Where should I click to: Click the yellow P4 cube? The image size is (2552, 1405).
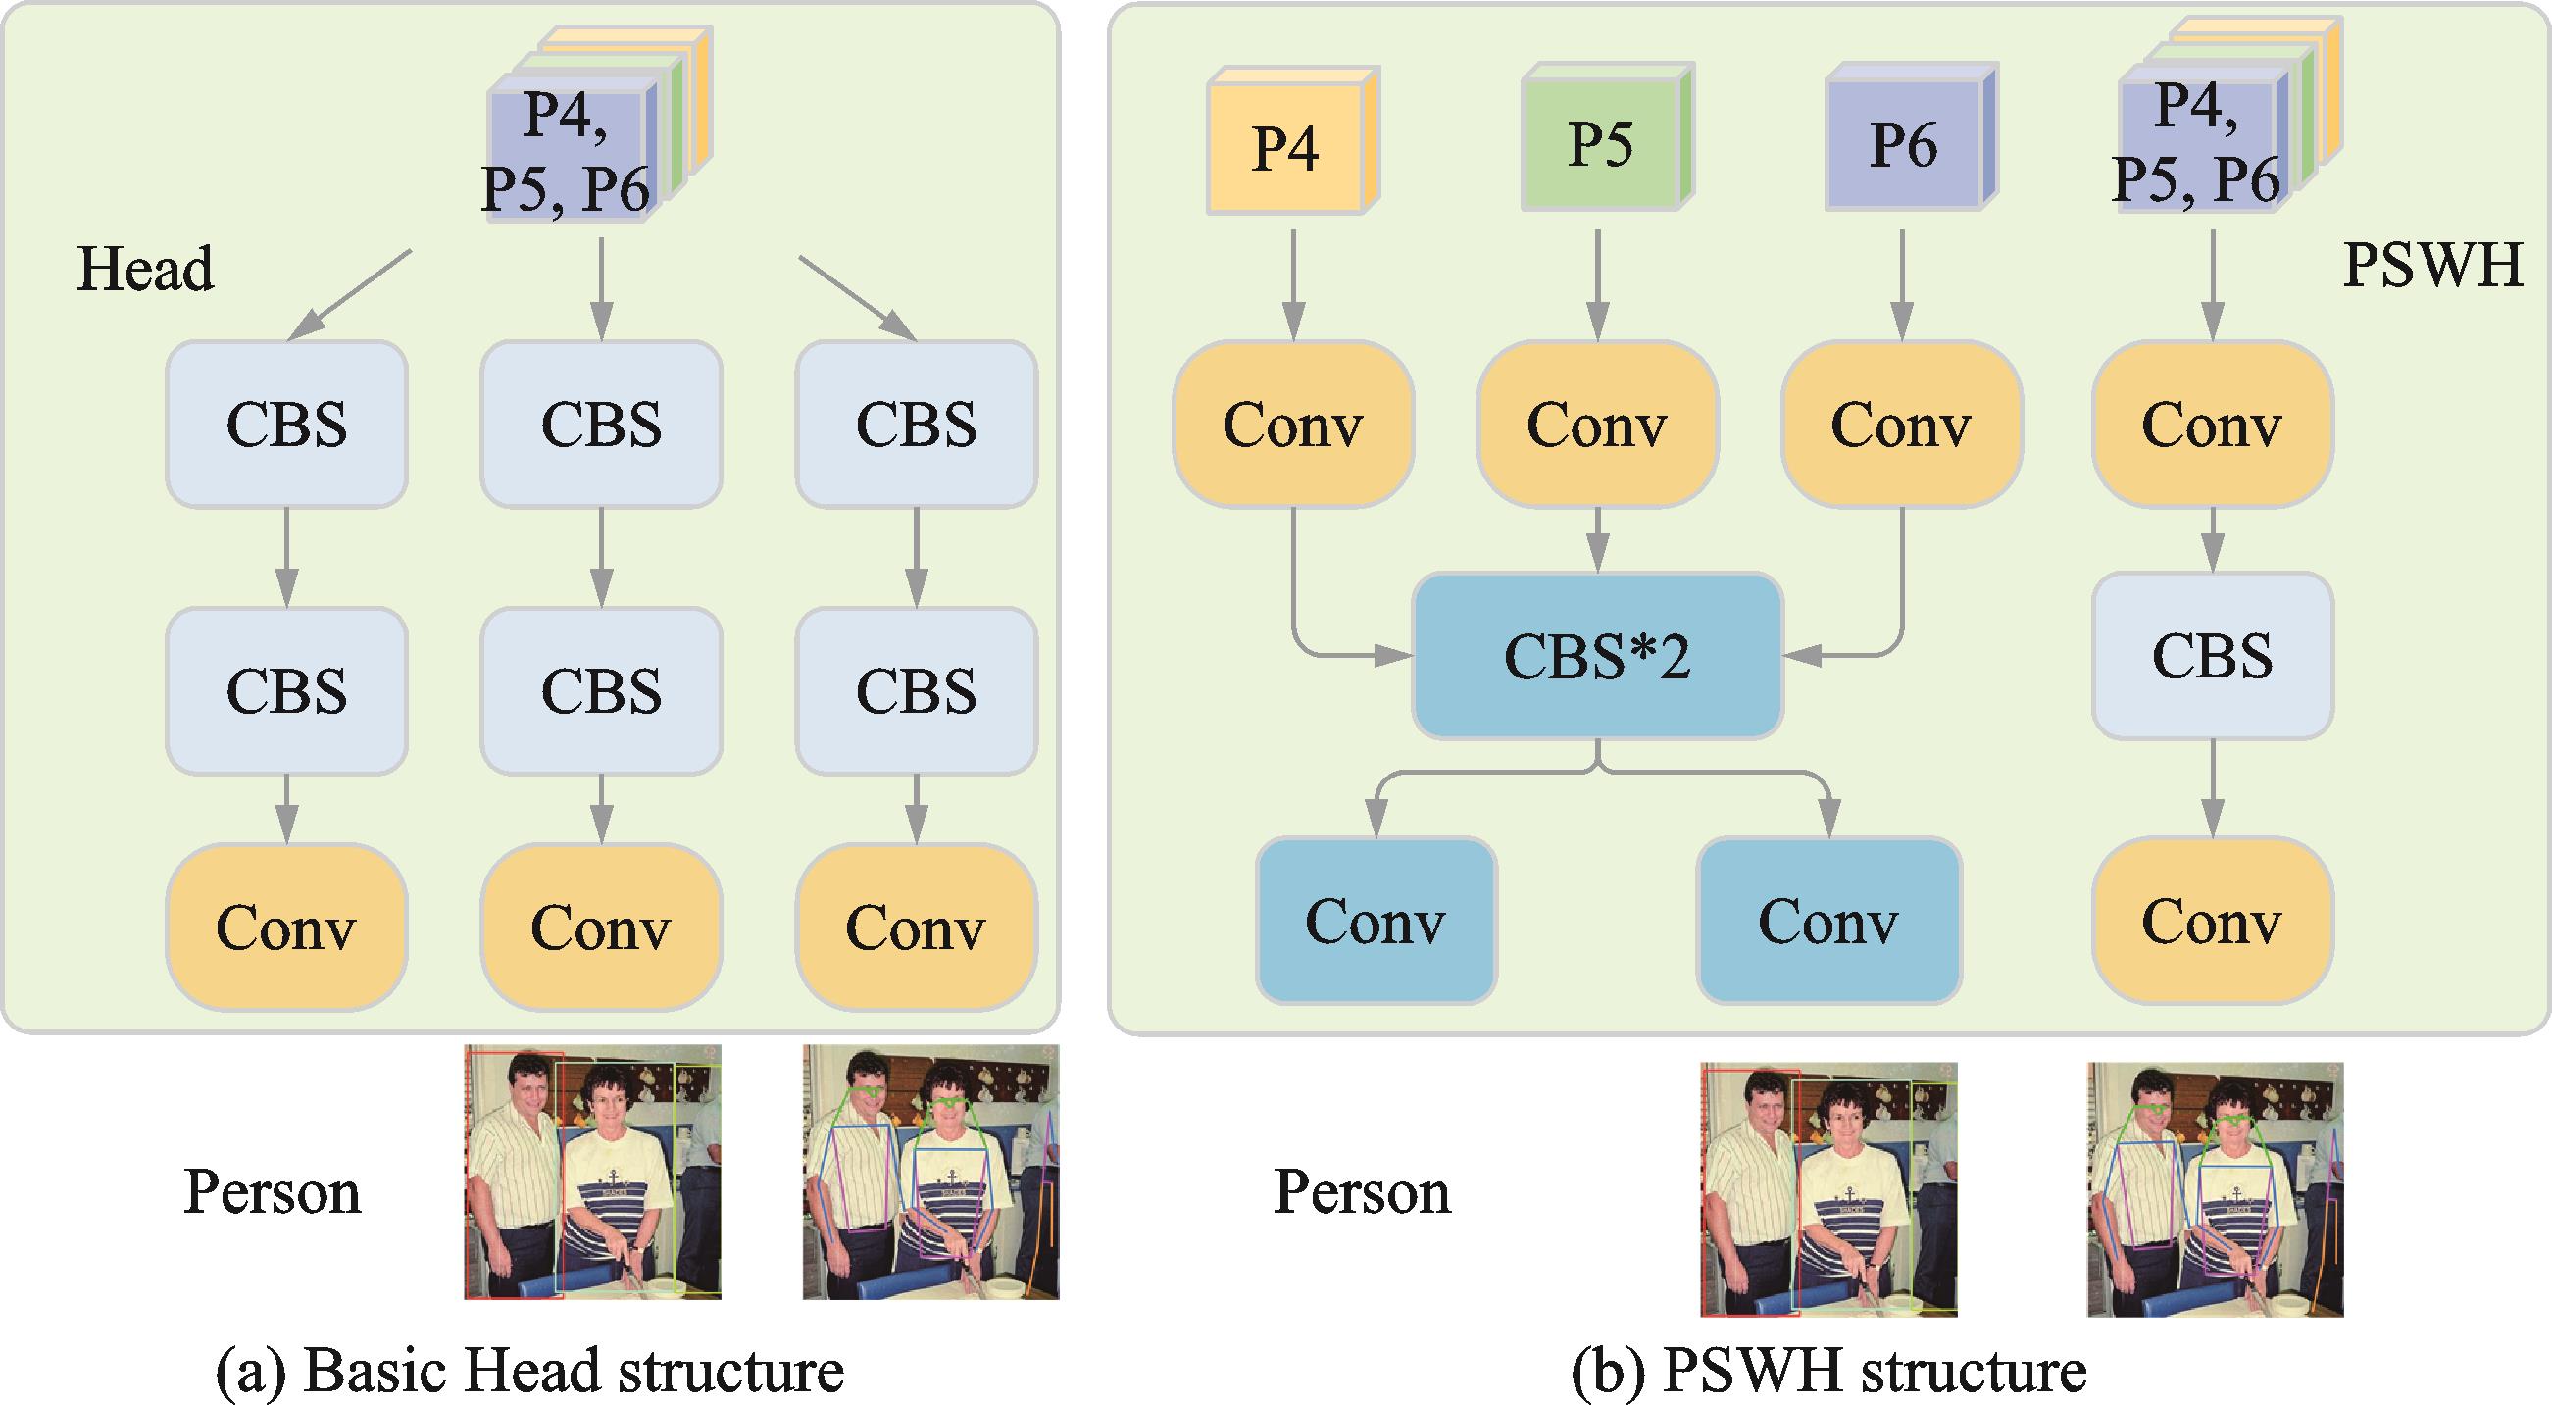coord(1286,147)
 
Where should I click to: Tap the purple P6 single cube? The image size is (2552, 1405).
coord(1903,143)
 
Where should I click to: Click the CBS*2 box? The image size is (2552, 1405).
coord(1597,656)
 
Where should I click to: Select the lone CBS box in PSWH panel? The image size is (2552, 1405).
coord(2212,656)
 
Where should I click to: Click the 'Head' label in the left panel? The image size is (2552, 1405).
coord(145,269)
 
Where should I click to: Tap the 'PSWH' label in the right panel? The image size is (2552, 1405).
coord(2432,266)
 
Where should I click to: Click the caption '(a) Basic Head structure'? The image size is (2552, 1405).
coord(529,1371)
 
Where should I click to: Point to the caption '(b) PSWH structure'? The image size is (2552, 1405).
coord(1828,1371)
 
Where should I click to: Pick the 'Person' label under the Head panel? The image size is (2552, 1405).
coord(272,1191)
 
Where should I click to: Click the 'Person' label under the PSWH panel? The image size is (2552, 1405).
coord(1361,1191)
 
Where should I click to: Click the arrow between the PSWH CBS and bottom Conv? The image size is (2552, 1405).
coord(2212,788)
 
